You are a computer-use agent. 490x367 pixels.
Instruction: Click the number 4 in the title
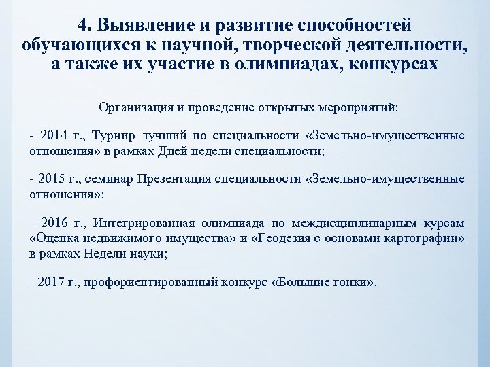[x=83, y=25]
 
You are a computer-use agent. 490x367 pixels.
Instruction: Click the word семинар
[x=107, y=179]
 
